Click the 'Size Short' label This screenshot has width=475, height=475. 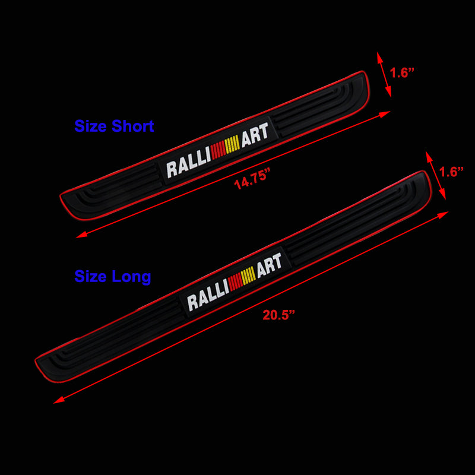point(114,126)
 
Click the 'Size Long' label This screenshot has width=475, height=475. point(112,276)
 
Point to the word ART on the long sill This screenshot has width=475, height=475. point(269,266)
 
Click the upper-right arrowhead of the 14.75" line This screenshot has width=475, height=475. point(389,112)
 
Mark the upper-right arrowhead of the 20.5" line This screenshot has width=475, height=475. point(447,212)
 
